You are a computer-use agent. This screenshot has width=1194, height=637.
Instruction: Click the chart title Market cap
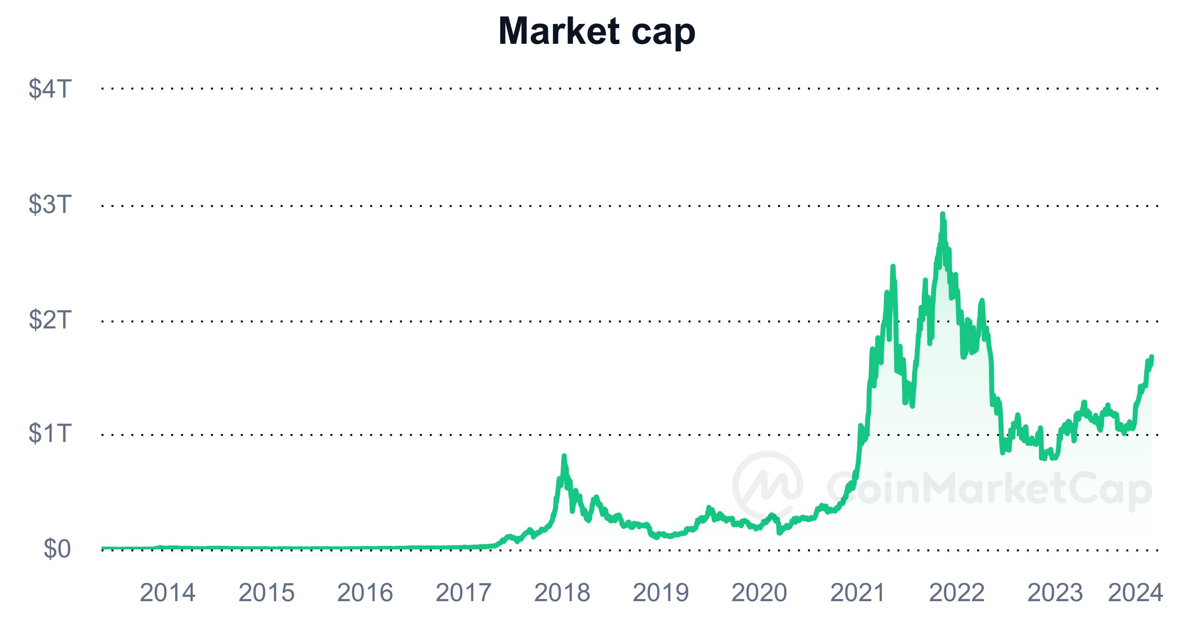point(597,31)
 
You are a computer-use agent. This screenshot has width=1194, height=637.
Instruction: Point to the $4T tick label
point(50,88)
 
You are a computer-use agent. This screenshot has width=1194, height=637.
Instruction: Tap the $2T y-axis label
point(50,319)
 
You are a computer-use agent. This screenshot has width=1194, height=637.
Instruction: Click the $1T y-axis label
point(50,433)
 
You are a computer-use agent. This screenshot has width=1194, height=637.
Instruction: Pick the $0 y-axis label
point(57,549)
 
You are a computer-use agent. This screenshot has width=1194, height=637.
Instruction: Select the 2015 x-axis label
point(267,593)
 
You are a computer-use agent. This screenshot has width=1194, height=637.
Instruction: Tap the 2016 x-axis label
point(365,593)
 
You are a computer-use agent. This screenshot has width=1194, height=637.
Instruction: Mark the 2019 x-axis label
point(661,593)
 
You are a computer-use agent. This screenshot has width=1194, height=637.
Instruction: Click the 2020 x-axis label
point(759,593)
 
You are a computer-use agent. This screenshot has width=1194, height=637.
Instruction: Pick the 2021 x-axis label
point(858,593)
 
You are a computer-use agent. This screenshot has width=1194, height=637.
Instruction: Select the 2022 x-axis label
point(957,593)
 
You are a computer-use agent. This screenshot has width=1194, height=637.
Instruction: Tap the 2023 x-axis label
point(1055,593)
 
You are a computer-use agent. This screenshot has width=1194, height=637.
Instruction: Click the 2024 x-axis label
point(1135,593)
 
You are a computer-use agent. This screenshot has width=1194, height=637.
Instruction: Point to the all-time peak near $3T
point(942,215)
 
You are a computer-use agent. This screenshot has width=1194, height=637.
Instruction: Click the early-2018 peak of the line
point(564,456)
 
